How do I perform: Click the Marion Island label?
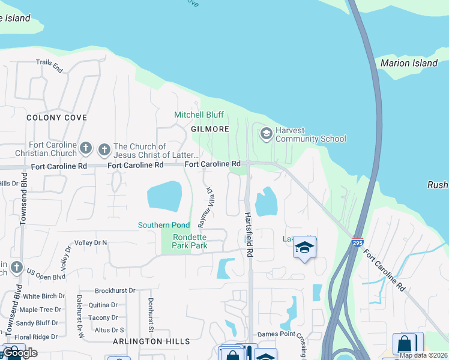click(409, 63)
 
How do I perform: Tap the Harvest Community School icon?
click(265, 133)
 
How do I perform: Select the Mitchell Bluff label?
click(199, 115)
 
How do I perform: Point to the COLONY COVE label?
click(56, 118)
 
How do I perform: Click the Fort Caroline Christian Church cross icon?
click(86, 148)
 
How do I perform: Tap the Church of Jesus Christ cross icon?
click(104, 148)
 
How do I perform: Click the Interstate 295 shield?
click(357, 240)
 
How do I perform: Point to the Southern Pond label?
click(164, 225)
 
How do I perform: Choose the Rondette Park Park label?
click(189, 241)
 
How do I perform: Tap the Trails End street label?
click(49, 66)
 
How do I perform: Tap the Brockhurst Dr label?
click(115, 290)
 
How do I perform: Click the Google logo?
click(20, 353)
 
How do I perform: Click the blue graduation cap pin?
click(305, 248)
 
